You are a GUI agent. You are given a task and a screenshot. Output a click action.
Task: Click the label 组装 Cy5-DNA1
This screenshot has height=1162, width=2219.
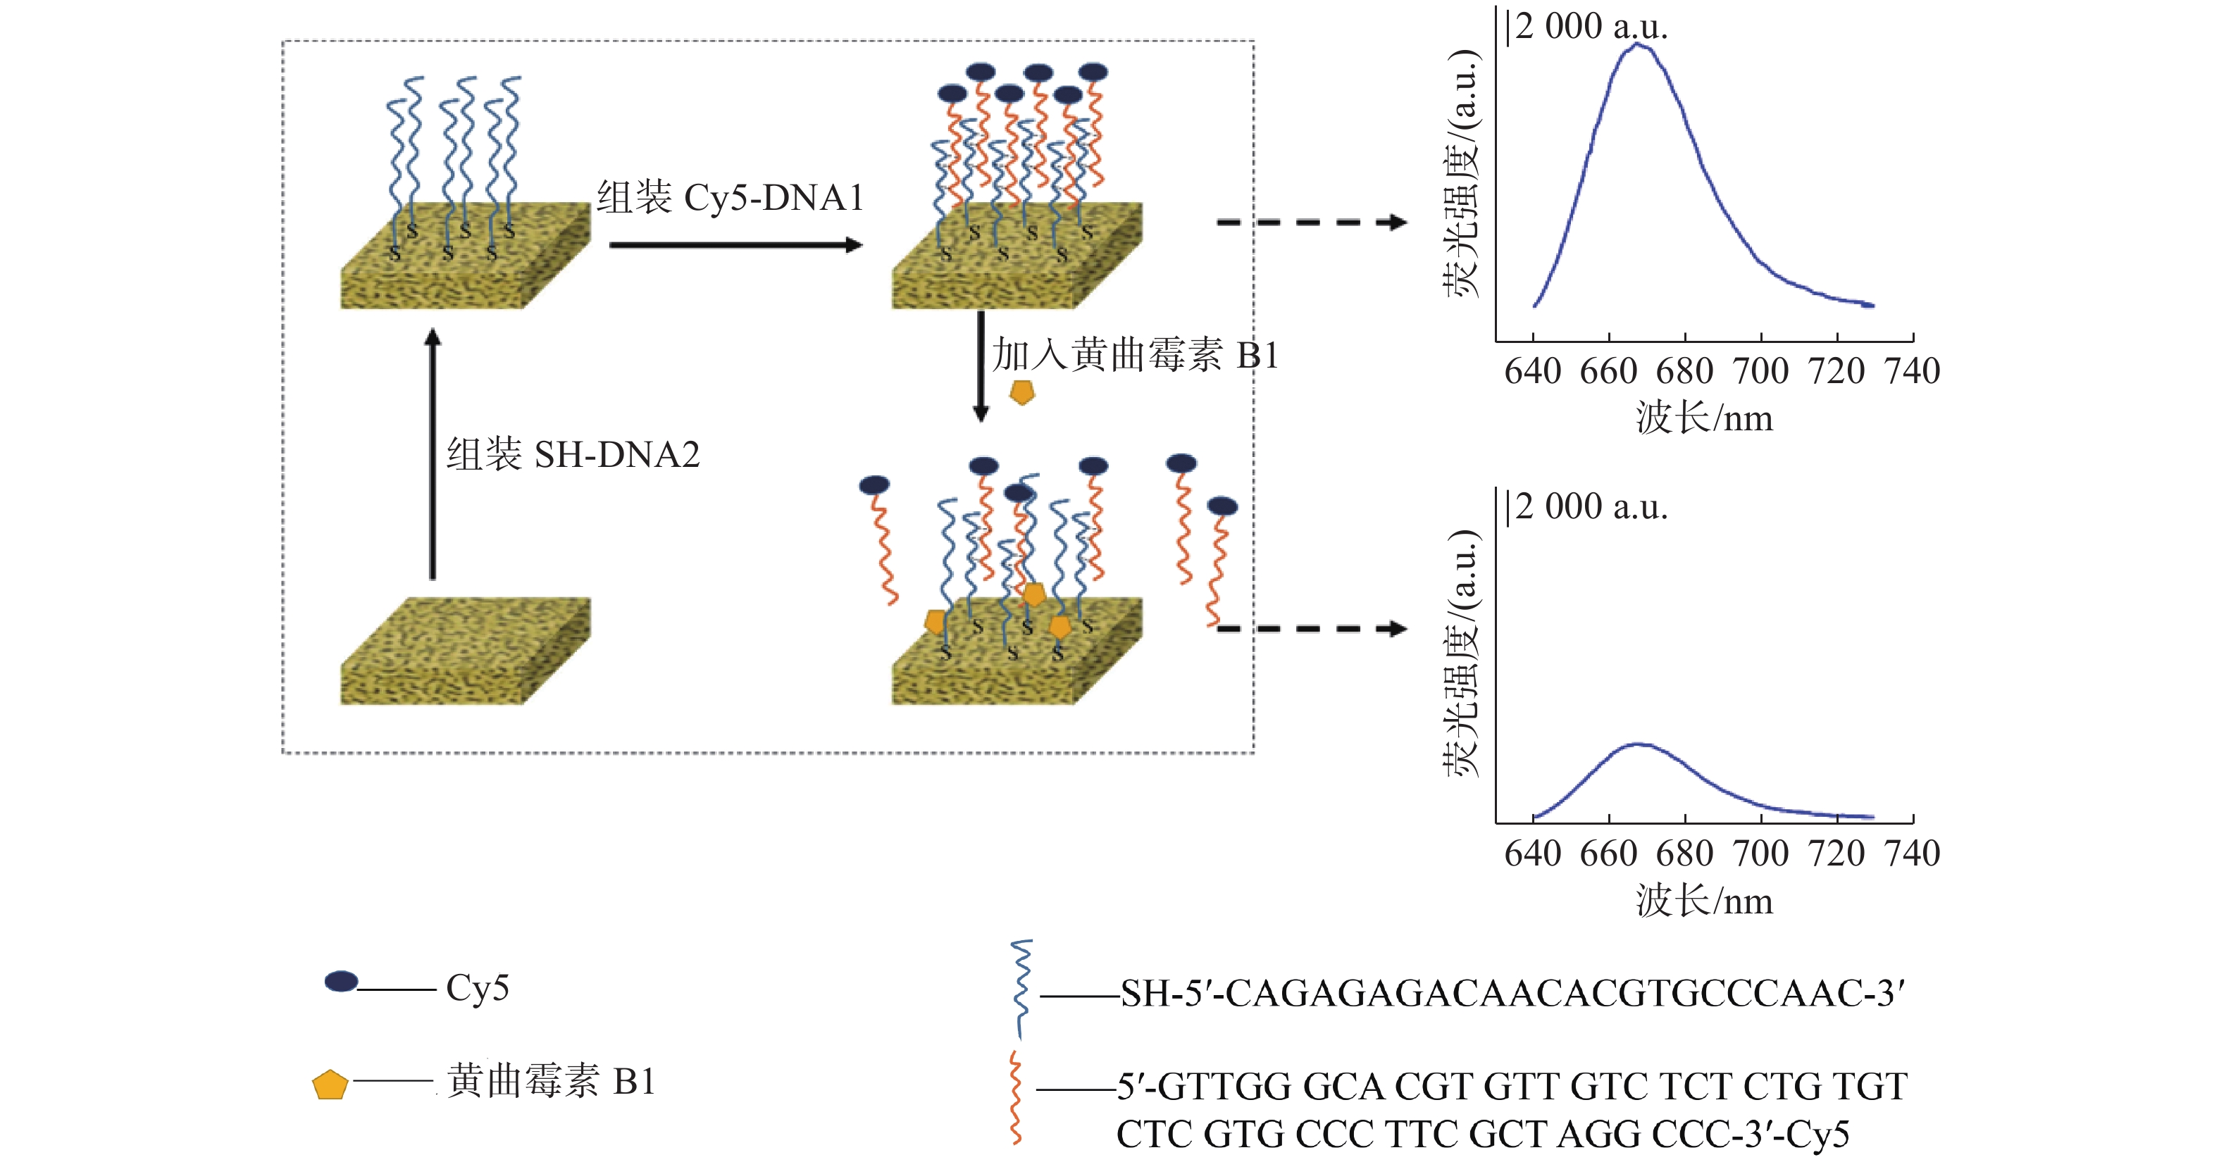click(731, 198)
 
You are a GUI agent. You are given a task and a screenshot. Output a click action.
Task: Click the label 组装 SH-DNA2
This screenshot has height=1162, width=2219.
click(573, 454)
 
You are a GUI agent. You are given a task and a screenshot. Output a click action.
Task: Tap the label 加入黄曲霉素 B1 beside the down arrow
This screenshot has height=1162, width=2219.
click(1136, 355)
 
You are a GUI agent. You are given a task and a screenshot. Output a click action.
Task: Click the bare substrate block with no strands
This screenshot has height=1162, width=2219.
click(465, 650)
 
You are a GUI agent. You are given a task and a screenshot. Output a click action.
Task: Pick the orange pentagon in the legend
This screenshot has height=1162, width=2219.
click(330, 1085)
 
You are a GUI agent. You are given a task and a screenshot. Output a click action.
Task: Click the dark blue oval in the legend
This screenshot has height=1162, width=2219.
click(341, 981)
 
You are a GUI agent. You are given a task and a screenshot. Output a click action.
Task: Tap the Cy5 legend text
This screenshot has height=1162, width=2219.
click(477, 988)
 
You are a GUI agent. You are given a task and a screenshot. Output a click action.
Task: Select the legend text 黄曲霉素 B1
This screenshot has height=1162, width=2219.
click(552, 1081)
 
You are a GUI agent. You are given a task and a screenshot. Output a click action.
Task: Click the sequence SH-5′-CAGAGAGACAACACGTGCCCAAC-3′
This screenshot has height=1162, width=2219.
click(1512, 993)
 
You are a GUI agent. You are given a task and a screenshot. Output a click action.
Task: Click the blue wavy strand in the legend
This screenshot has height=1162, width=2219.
click(1021, 989)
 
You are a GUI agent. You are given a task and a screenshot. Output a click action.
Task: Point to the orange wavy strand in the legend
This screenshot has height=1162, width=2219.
click(1017, 1097)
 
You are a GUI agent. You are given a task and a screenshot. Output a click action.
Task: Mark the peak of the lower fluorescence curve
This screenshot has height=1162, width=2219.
click(1639, 744)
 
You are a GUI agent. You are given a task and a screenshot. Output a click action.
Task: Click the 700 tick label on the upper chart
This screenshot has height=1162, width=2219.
click(1760, 371)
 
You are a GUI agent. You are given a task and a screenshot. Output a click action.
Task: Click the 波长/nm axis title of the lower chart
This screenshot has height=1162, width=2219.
click(1705, 901)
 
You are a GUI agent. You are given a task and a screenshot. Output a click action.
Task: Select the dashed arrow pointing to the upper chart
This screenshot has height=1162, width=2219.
click(1311, 223)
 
